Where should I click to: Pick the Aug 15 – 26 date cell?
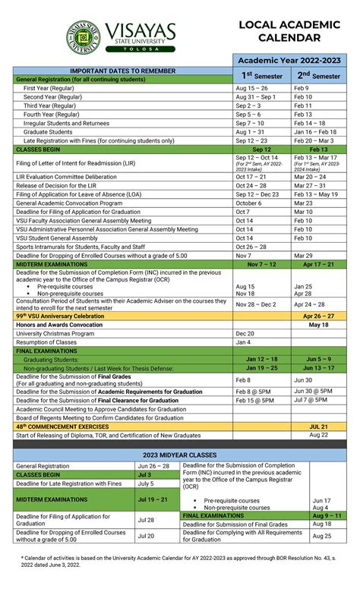coord(251,88)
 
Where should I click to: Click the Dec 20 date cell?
coord(245,333)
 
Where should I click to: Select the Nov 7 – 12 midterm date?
coord(262,264)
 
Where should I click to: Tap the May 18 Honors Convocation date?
coord(319,324)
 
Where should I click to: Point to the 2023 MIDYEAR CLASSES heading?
coord(180,454)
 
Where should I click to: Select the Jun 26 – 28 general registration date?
coord(153,466)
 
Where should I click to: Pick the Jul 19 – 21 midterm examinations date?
coord(153,500)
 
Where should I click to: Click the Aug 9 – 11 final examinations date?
coord(327,515)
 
